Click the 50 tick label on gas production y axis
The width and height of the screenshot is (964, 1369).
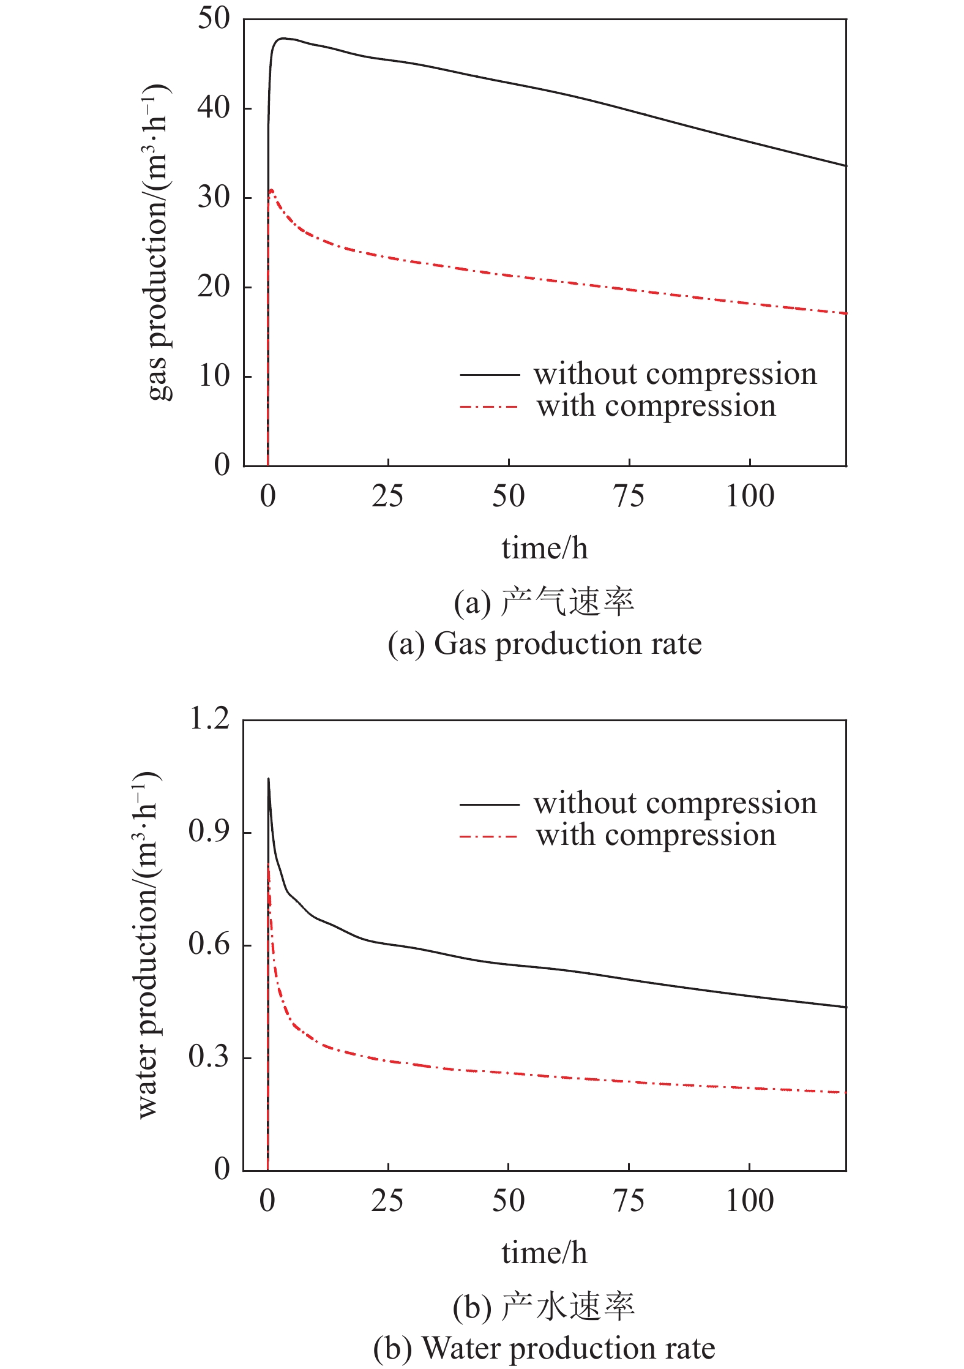[x=213, y=18]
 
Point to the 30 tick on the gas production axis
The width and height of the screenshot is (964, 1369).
[x=213, y=197]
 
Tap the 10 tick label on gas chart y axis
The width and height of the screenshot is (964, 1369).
[x=213, y=376]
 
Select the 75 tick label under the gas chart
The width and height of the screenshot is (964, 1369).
[x=629, y=496]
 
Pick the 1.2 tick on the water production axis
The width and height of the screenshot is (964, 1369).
[x=209, y=718]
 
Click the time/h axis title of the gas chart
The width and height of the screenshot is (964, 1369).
[x=544, y=548]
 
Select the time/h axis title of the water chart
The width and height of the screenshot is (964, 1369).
[x=544, y=1253]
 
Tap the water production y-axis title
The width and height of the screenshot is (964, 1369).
[x=147, y=946]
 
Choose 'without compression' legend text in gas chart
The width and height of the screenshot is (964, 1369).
[x=674, y=373]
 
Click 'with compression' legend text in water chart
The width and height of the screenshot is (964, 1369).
[x=656, y=835]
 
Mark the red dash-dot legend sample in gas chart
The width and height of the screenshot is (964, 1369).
[x=488, y=407]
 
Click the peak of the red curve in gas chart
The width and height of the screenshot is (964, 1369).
[x=271, y=190]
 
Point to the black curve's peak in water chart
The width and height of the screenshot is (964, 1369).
[x=268, y=779]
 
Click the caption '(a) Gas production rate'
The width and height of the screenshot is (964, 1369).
[x=544, y=644]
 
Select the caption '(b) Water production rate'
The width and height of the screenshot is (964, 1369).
[x=544, y=1348]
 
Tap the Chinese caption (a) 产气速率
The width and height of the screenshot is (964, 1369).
[x=544, y=602]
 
